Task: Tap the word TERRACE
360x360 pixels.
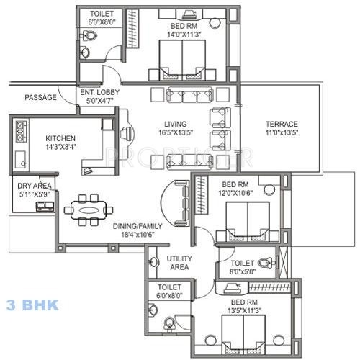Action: tap(282, 124)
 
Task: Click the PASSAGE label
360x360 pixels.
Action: tap(40, 97)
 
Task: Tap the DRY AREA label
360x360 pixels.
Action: tap(34, 186)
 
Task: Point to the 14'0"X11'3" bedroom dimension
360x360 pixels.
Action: tap(182, 33)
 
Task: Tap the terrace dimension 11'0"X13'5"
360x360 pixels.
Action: tap(282, 133)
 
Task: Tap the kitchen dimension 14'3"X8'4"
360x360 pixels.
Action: tap(63, 148)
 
